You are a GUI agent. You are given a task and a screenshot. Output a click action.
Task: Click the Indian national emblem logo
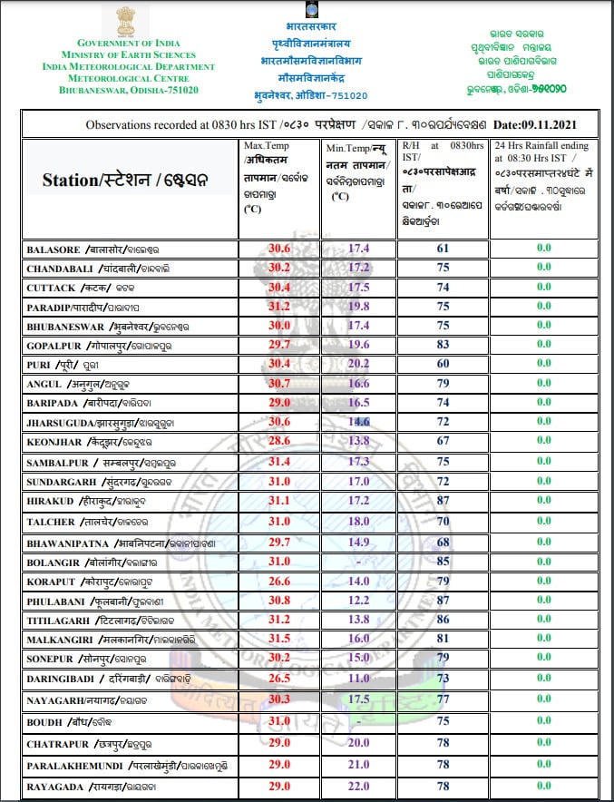pos(125,21)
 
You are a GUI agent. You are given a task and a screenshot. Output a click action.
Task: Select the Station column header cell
pos(125,180)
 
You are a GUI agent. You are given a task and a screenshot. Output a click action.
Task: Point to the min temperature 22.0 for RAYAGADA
pos(359,786)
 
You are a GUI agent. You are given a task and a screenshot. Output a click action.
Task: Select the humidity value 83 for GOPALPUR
pos(443,345)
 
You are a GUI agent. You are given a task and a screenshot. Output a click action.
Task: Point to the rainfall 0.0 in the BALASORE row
pos(543,247)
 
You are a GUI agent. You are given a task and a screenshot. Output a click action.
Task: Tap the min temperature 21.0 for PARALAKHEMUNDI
pos(359,766)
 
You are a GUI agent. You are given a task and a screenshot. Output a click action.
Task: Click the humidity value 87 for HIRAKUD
pos(443,501)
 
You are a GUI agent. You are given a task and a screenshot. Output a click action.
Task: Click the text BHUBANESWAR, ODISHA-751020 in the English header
pos(128,91)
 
